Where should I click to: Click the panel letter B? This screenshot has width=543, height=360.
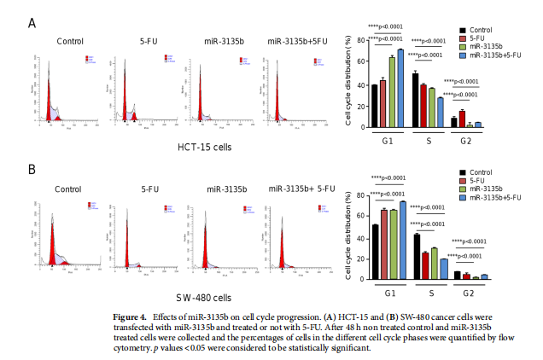32,169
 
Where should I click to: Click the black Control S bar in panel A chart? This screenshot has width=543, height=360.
415,100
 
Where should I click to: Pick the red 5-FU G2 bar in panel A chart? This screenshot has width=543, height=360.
462,119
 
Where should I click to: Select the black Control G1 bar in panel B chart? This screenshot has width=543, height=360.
375,253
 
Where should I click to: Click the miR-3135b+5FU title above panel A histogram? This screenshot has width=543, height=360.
297,41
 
